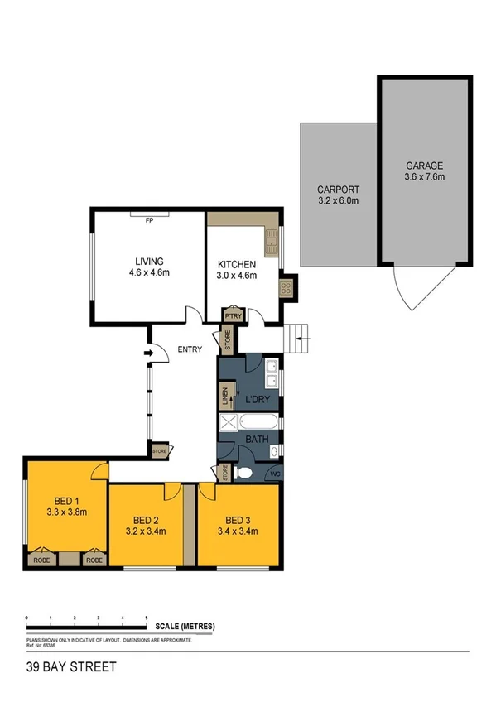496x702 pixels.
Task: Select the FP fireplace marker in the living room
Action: click(x=150, y=221)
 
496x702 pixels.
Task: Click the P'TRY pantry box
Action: click(x=233, y=316)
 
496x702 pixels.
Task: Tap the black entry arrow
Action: click(x=149, y=355)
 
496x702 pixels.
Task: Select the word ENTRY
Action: click(x=190, y=349)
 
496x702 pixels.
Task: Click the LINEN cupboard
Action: click(x=224, y=397)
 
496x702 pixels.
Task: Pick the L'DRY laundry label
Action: click(x=258, y=401)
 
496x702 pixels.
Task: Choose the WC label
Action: click(x=276, y=474)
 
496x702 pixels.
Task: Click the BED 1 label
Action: click(x=65, y=501)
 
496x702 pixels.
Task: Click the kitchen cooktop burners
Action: click(x=287, y=288)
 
